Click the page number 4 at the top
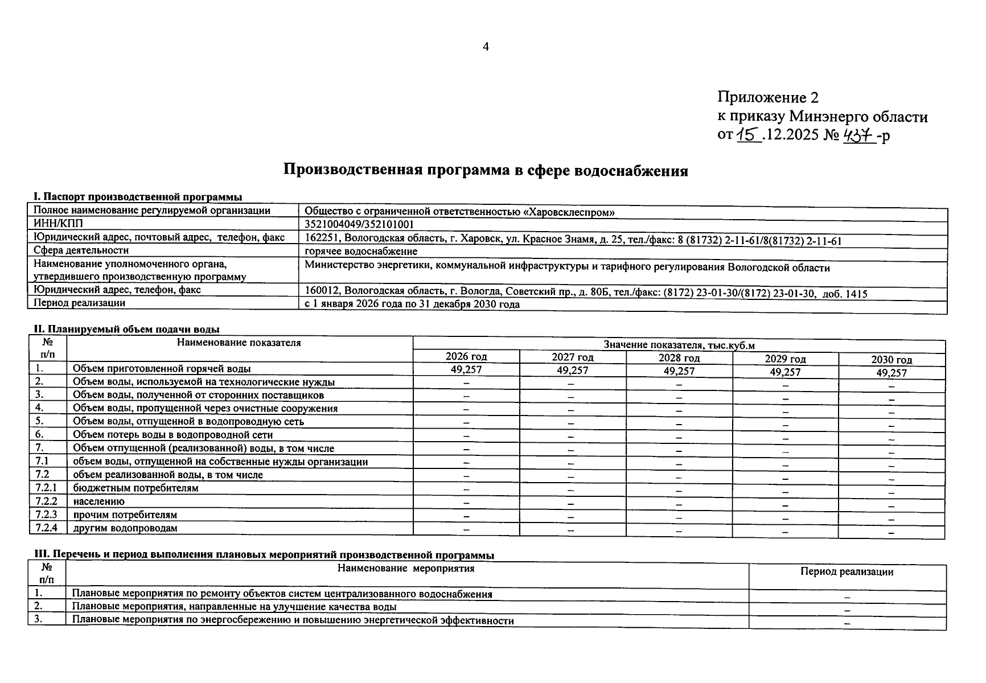[486, 47]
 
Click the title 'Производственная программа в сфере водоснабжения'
[486, 171]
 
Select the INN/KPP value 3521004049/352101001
[359, 225]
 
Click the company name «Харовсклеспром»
[569, 212]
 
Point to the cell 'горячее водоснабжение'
[361, 251]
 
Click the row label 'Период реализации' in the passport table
[79, 303]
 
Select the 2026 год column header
[466, 357]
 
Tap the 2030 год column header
[891, 360]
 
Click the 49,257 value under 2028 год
[679, 371]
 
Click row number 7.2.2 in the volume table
[47, 501]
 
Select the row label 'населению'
[98, 501]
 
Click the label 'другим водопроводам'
[125, 528]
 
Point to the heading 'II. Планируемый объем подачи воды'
[125, 329]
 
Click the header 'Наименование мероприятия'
[406, 568]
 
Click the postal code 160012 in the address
[322, 291]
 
